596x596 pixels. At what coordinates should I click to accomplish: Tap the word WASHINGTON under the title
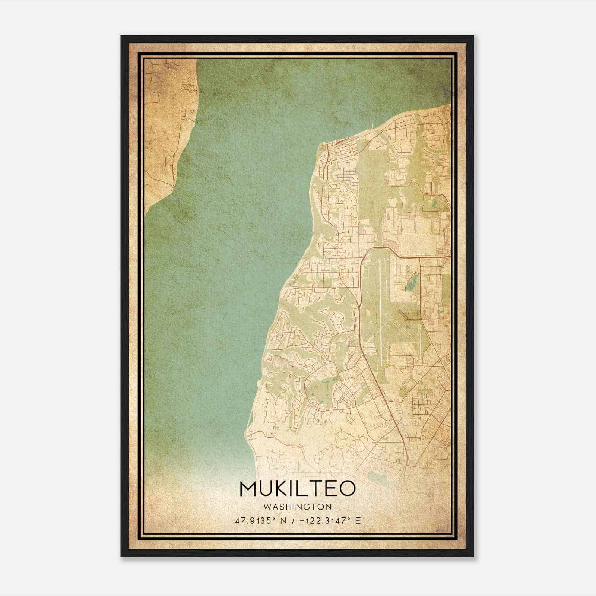pyautogui.click(x=298, y=507)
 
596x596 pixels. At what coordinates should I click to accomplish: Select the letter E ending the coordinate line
pyautogui.click(x=358, y=521)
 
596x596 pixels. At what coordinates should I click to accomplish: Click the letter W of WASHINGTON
pyautogui.click(x=267, y=507)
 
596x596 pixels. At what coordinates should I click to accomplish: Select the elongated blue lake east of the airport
pyautogui.click(x=412, y=282)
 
